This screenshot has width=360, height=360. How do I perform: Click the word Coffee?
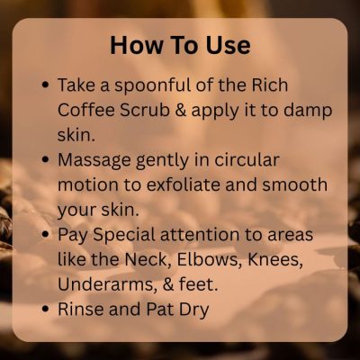[86, 110]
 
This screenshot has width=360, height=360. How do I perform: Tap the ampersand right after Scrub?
[180, 111]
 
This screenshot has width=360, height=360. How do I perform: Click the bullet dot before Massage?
[46, 159]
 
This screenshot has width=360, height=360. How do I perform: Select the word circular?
[247, 160]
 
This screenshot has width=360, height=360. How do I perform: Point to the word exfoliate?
[183, 184]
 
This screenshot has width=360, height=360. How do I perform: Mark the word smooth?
[294, 184]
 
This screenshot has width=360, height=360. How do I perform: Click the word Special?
[124, 236]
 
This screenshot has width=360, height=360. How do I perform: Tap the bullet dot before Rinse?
[46, 309]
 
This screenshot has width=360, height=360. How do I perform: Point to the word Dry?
[193, 310]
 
